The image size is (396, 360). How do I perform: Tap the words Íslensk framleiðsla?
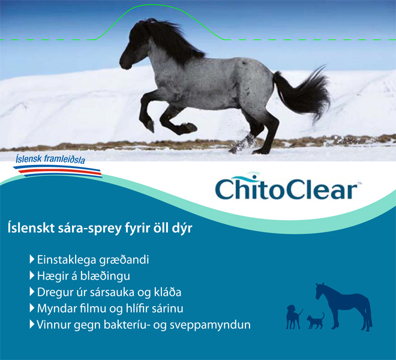(50, 159)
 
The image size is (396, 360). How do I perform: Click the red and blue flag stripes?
(58, 171)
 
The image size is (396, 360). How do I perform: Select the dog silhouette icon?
(294, 317)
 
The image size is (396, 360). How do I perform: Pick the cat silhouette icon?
(316, 321)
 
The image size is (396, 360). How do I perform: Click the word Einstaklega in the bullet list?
(67, 260)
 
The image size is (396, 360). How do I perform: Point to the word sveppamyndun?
(210, 325)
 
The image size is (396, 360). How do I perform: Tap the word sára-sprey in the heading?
(89, 229)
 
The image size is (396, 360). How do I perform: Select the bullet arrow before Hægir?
(32, 275)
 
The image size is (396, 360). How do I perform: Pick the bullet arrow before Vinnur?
(32, 324)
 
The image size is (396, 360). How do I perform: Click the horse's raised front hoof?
(150, 126)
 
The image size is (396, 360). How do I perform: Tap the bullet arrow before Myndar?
(32, 308)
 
